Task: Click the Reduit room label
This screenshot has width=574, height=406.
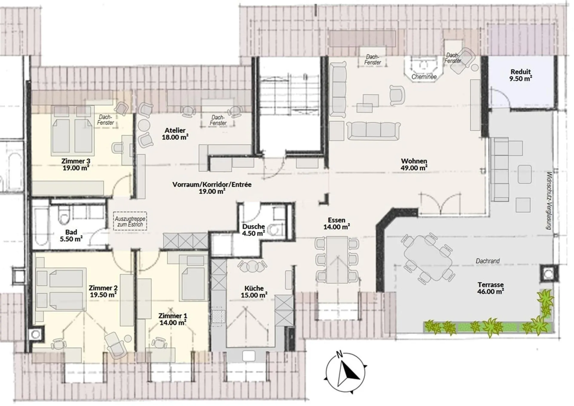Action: click(x=520, y=72)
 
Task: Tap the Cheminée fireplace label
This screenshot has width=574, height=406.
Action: click(x=424, y=77)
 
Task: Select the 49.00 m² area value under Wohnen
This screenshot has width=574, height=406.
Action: click(x=414, y=168)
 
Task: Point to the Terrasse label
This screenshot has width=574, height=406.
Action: click(x=490, y=285)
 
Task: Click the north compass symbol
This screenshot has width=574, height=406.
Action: click(x=346, y=373)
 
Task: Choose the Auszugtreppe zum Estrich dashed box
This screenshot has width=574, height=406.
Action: click(x=130, y=221)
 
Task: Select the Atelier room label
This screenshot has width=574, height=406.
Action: click(x=175, y=130)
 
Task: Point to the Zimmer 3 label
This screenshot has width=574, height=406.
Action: click(x=76, y=161)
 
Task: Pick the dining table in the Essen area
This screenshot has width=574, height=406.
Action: click(x=337, y=260)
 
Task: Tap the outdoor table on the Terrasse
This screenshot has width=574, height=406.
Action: click(x=428, y=258)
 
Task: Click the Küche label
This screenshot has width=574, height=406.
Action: click(x=254, y=288)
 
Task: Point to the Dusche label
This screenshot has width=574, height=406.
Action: click(x=254, y=227)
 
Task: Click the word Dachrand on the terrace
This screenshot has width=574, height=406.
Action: click(x=488, y=261)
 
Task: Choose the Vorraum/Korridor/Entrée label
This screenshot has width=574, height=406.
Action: click(x=212, y=184)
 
